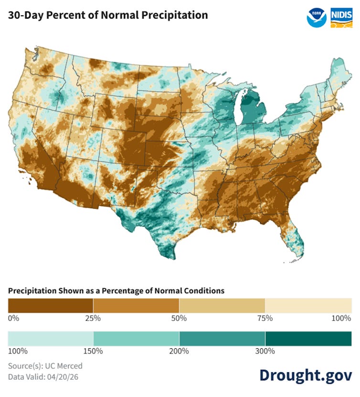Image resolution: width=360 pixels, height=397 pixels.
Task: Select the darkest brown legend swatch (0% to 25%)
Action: pos(50,305)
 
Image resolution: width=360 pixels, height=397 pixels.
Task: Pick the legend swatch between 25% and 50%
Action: pos(136,305)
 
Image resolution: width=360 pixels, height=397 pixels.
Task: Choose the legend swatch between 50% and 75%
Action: pos(222,305)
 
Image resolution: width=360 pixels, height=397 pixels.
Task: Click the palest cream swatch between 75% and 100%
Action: pos(308,305)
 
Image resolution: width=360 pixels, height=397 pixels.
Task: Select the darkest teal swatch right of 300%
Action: pos(308,338)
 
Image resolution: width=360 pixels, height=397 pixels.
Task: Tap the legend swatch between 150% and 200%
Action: pos(136,338)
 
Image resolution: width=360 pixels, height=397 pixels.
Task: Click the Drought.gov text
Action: pos(306,375)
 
